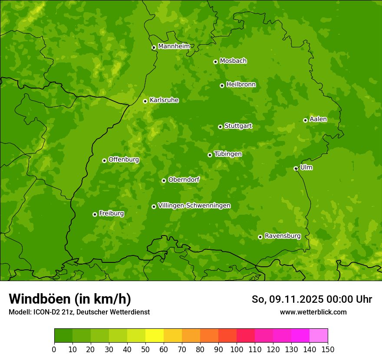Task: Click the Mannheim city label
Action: (174, 46)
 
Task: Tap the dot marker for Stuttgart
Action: (220, 127)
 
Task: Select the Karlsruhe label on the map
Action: (164, 100)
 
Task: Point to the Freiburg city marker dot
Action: (95, 214)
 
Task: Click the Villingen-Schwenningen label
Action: (194, 206)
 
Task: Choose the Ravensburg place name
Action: (283, 236)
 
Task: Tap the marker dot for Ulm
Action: (296, 169)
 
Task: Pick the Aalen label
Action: (318, 119)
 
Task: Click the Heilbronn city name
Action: (241, 85)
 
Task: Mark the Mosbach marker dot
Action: (215, 62)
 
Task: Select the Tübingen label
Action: (228, 154)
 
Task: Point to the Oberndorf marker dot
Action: (164, 180)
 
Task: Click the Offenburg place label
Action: (124, 160)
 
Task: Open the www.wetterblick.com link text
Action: (313, 312)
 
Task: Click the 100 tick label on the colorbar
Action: (237, 350)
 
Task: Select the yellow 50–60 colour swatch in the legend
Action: (155, 336)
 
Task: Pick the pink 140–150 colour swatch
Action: (319, 336)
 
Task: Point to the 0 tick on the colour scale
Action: (54, 350)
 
